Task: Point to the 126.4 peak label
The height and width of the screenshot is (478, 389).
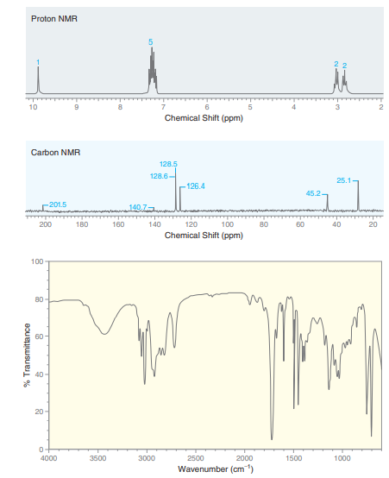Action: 195,186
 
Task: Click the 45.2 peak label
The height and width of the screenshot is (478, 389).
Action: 316,192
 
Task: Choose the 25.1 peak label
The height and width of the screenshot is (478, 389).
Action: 343,180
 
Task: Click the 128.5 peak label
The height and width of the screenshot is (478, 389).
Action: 169,164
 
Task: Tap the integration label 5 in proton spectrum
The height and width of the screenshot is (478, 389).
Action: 150,42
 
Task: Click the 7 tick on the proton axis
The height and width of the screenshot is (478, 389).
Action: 164,107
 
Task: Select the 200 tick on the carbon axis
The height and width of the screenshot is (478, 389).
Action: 45,224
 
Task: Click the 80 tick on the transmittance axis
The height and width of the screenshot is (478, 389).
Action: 40,299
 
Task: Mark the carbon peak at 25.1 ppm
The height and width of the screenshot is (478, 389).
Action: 358,197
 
